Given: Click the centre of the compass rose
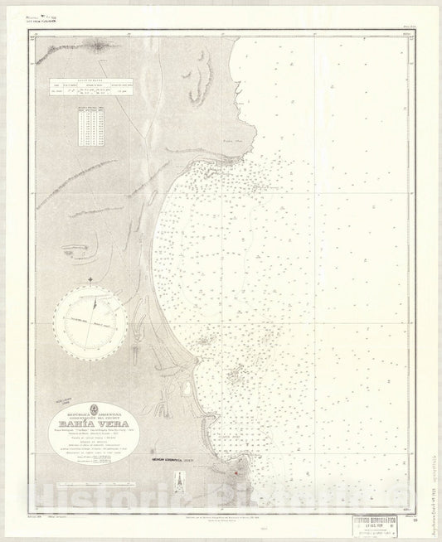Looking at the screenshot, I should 90,318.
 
